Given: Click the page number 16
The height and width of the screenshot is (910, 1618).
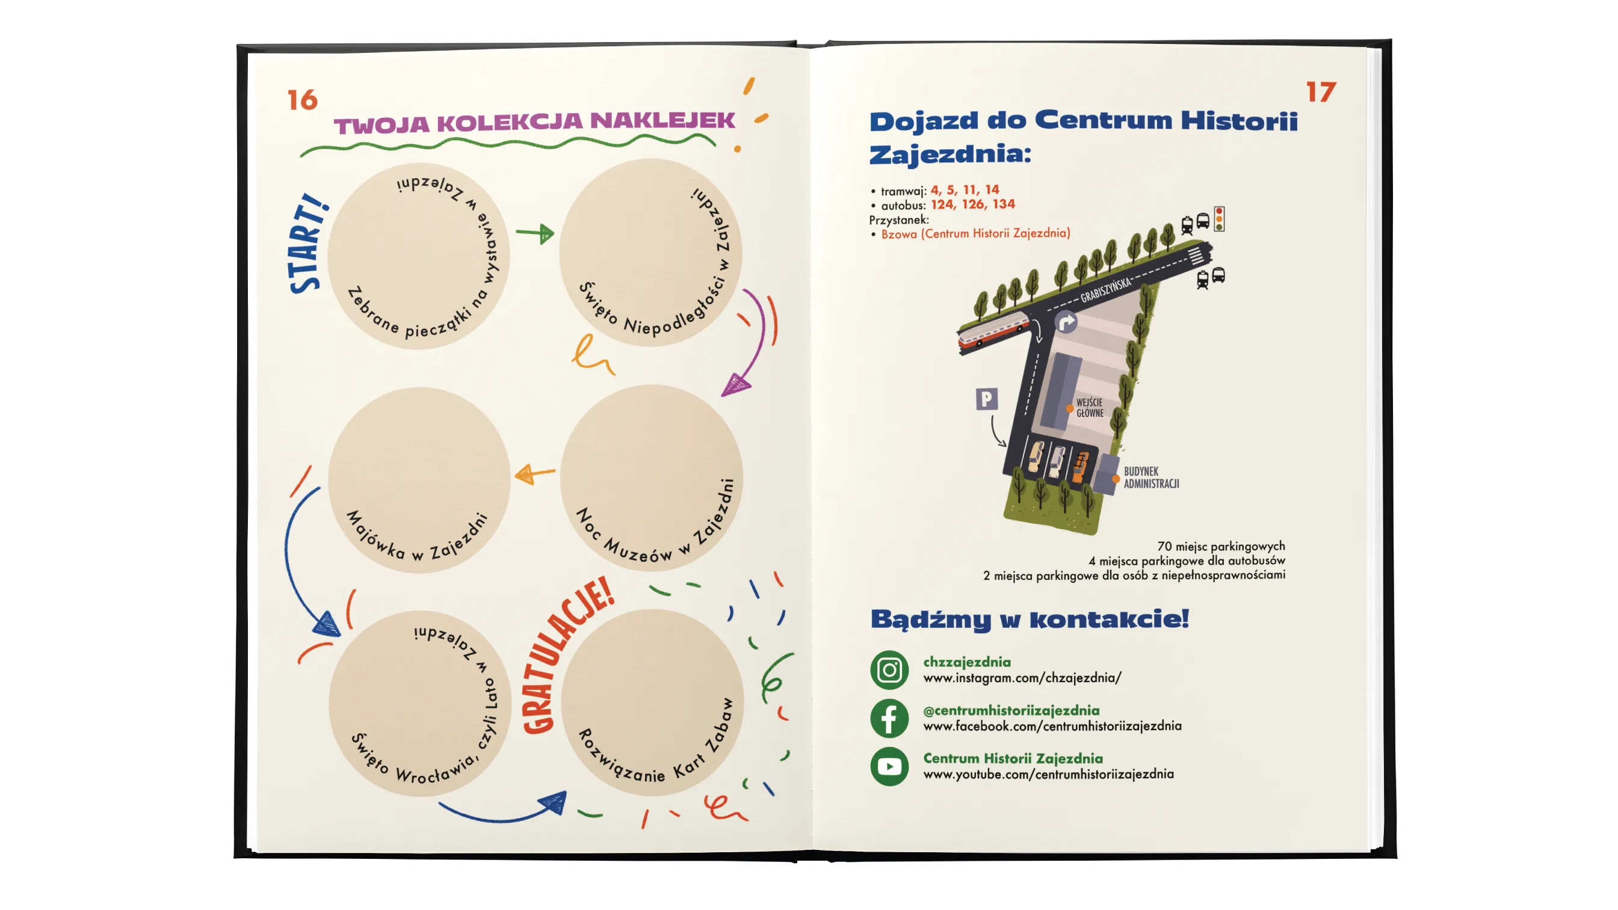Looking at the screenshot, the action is point(302,100).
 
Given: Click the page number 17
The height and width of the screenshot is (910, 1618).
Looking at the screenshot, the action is point(1321,92).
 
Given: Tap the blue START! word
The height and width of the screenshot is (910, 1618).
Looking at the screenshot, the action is point(307,243).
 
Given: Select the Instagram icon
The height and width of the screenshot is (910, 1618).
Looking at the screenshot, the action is point(889,670).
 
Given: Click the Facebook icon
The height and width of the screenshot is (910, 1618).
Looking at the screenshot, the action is point(889,718).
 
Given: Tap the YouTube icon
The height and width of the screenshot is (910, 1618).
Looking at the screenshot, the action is point(889,766).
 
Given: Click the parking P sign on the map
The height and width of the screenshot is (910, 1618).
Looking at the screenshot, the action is point(987,399).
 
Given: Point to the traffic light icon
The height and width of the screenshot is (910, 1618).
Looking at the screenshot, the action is point(1219,219).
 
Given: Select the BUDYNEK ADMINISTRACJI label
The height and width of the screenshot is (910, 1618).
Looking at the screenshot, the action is point(1151,478).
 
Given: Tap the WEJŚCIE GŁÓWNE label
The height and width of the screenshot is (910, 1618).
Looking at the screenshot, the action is point(1090,408).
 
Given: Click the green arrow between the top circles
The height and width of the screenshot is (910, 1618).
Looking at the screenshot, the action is point(535,233).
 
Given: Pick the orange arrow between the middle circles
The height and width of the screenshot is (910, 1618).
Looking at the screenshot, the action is point(534,473).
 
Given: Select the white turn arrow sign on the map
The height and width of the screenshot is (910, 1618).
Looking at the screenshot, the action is point(1066,323).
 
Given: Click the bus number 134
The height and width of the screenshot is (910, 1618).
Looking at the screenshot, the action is point(1004,204).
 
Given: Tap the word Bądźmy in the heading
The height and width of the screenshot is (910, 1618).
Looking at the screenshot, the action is point(930,619).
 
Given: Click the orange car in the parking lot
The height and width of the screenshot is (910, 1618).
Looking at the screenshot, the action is point(1080,469).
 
